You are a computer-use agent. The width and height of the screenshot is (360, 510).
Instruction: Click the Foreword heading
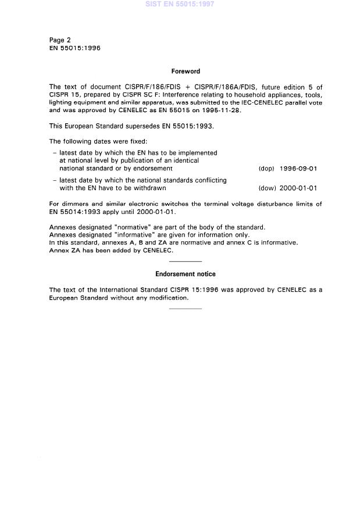(x=186, y=72)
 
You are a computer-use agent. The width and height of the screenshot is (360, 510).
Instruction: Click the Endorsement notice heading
(x=185, y=274)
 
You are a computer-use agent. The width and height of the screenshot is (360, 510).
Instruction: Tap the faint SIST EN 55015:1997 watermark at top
(x=180, y=4)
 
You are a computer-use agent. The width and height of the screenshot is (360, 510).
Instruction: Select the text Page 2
(x=60, y=40)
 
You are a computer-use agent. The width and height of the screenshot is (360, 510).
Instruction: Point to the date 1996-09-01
(x=298, y=169)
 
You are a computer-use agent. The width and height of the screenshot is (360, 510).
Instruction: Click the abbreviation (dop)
(x=266, y=169)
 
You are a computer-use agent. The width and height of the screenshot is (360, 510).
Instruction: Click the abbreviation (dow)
(x=266, y=188)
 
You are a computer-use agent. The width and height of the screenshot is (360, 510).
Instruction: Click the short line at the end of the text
(x=186, y=309)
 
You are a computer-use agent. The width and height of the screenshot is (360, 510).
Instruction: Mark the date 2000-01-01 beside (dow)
(x=298, y=188)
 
